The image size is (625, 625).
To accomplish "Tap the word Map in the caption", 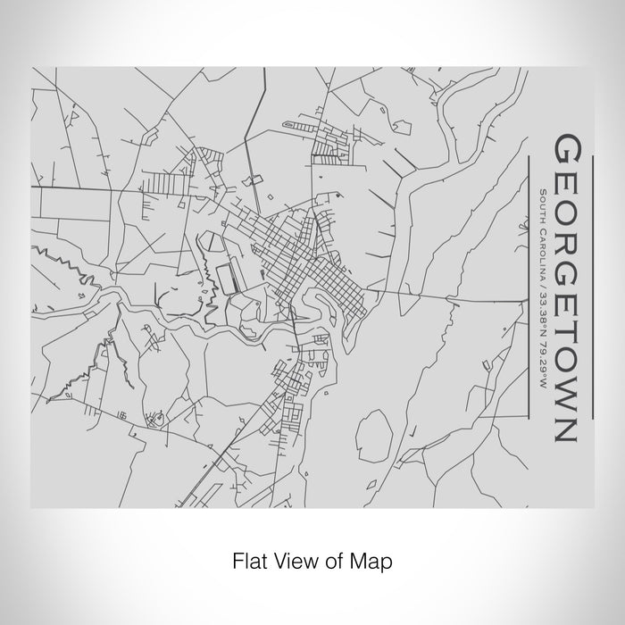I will click(374, 562).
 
